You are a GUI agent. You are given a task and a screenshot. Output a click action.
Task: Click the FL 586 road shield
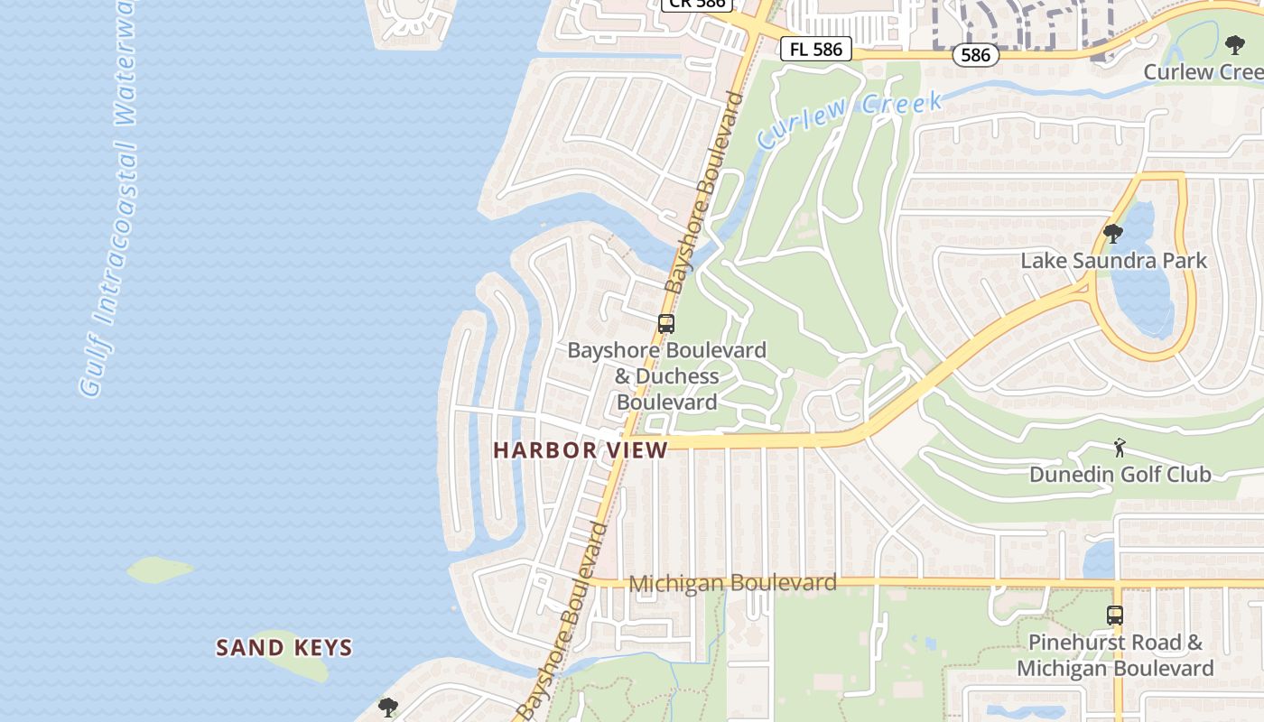click(815, 50)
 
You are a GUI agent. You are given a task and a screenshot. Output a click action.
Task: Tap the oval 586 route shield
click(975, 55)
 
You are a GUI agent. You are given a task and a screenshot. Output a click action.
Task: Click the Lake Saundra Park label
click(1113, 261)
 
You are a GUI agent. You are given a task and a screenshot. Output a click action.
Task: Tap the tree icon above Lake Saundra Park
click(1113, 235)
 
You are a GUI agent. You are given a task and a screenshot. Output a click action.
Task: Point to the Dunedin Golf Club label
click(1120, 474)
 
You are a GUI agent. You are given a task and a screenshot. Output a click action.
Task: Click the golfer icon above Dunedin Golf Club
click(1120, 447)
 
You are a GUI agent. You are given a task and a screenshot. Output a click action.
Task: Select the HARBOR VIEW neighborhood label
click(581, 449)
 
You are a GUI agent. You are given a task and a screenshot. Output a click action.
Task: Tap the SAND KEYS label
click(284, 647)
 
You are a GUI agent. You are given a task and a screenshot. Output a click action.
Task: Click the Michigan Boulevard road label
click(732, 583)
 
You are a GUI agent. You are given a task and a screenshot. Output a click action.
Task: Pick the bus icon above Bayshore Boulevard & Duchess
click(666, 323)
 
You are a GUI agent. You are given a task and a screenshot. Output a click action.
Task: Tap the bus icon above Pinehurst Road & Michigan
click(1115, 616)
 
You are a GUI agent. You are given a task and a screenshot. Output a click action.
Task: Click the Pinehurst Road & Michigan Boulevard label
click(1115, 655)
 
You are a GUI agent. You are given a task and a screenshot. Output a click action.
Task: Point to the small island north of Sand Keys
click(160, 569)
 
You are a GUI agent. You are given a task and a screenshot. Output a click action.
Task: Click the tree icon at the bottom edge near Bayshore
click(388, 707)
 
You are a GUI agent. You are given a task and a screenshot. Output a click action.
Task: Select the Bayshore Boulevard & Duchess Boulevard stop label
click(666, 375)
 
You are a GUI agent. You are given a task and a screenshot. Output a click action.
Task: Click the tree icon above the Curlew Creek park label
click(1234, 45)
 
